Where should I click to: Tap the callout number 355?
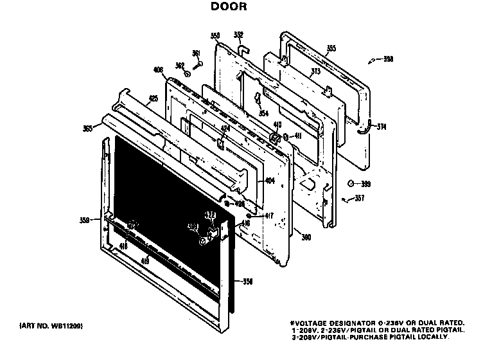point(331,48)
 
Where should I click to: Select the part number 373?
point(315,73)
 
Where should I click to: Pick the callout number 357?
point(360,198)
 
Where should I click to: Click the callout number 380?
point(306,237)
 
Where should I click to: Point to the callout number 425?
point(153,98)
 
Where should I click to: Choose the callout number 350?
point(215,36)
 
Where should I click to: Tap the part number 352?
point(238,34)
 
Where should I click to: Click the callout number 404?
point(270,181)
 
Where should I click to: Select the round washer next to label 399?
point(351,183)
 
